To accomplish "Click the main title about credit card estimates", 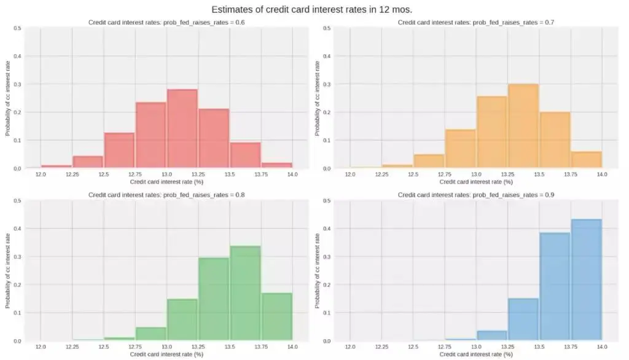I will pos(311,10).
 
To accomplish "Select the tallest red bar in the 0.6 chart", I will pos(182,129).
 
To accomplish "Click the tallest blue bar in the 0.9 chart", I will pos(586,280).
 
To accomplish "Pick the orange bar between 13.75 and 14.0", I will pos(586,160).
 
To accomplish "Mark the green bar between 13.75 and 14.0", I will pos(276,316).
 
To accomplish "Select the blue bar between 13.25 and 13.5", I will pos(523,319).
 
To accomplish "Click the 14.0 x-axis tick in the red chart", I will pos(292,175).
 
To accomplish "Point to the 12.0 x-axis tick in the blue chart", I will pos(350,348).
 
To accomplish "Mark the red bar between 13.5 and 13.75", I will pos(245,155).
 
